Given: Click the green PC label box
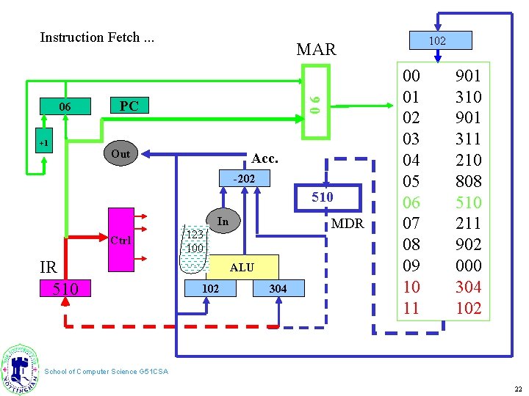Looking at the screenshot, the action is pos(129,106).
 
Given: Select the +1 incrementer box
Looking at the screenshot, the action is pos(44,140).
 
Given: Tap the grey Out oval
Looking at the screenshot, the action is pos(120,153).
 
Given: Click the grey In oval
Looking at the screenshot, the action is pos(223,221).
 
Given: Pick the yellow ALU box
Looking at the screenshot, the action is pos(242,268).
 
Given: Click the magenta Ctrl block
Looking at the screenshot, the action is pos(121,240).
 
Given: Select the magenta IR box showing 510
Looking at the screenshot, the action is pos(65,288).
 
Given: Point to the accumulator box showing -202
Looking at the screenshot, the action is pos(245,178).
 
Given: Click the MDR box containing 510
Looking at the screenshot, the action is pos(328,198).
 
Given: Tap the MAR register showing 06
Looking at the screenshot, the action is pos(316,102).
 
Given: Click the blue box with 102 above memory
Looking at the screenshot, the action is pos(441,40).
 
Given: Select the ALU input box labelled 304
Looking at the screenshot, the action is pos(278,288).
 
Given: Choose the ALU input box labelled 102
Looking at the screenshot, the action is pos(211,288).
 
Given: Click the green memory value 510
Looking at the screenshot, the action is pos(469,202).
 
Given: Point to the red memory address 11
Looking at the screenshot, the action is pos(411,308).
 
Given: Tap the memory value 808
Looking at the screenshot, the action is pos(469,181).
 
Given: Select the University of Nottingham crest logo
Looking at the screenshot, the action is pos(20,369).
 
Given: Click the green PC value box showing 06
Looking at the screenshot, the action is pos(65,106).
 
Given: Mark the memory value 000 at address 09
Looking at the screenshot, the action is pos(469,265).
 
